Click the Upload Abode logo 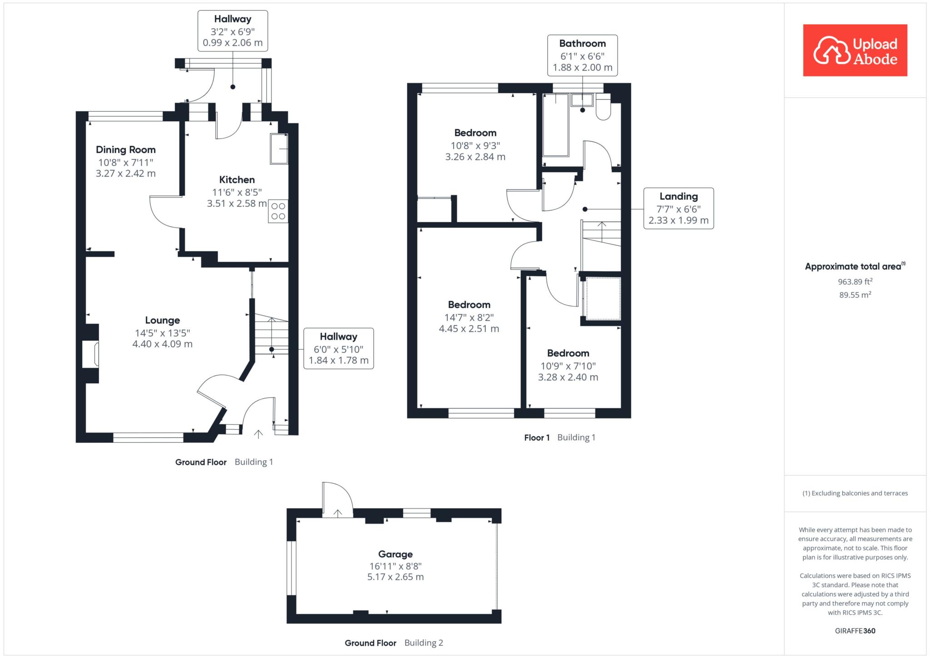855,50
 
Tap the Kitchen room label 237,180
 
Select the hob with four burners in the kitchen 278,211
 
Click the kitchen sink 279,148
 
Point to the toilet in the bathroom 603,107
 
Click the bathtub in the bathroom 556,125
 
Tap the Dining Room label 126,150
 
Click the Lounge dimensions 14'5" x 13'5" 163,333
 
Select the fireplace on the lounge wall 90,353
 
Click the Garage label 396,554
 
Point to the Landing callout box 678,208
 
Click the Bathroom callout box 583,55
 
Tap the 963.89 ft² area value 855,282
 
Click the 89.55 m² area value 855,295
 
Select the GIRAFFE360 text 855,631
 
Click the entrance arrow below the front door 258,434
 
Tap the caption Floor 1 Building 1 559,438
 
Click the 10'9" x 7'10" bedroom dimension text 568,366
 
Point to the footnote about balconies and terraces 855,493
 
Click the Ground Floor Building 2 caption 394,643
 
